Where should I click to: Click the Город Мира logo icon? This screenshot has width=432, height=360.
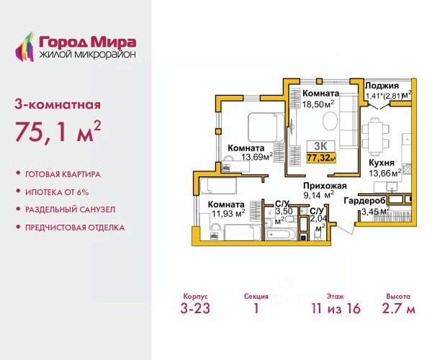pyautogui.click(x=24, y=47)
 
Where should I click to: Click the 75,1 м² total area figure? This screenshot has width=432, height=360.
pyautogui.click(x=58, y=131)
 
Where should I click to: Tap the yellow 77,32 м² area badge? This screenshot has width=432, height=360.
pyautogui.click(x=321, y=158)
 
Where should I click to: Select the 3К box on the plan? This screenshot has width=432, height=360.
pyautogui.click(x=320, y=146)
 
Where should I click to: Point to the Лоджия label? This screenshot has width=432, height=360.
pyautogui.click(x=382, y=86)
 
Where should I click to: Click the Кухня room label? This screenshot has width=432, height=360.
pyautogui.click(x=382, y=163)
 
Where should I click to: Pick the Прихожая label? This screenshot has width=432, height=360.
pyautogui.click(x=325, y=186)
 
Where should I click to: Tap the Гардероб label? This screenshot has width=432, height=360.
pyautogui.click(x=364, y=201)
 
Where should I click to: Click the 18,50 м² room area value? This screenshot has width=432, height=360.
pyautogui.click(x=318, y=104)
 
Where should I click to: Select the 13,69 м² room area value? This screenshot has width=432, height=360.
pyautogui.click(x=257, y=157)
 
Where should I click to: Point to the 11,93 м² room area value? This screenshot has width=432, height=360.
pyautogui.click(x=228, y=213)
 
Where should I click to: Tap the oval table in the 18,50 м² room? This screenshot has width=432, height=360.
pyautogui.click(x=330, y=121)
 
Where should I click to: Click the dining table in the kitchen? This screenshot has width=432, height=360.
pyautogui.click(x=375, y=136)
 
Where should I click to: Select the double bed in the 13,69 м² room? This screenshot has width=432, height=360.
pyautogui.click(x=266, y=127)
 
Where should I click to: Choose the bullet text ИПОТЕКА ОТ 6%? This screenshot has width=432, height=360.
pyautogui.click(x=57, y=192)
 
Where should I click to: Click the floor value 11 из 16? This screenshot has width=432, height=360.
pyautogui.click(x=336, y=308)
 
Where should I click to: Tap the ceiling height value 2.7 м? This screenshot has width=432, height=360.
pyautogui.click(x=398, y=308)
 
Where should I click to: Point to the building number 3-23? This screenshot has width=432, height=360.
pyautogui.click(x=195, y=308)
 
